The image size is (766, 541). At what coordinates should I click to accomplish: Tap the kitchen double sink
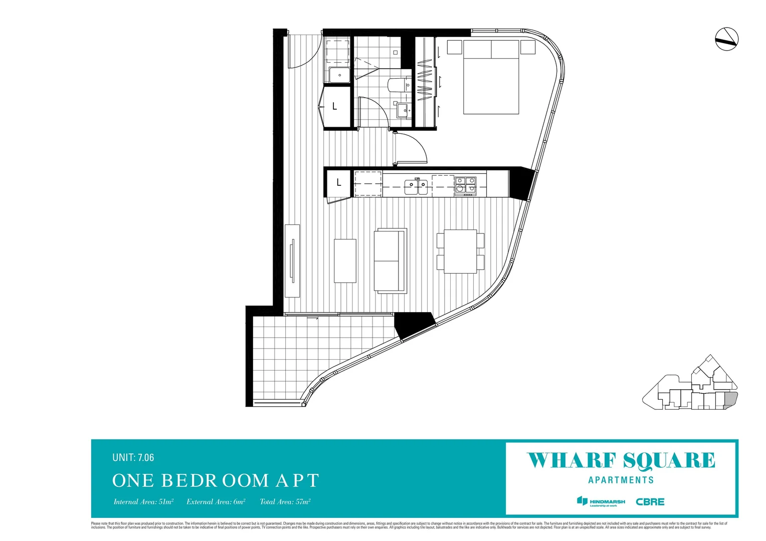coord(417,187)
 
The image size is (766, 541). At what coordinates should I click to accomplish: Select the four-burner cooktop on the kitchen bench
coord(466,185)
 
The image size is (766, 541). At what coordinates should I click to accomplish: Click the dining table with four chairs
coord(460,251)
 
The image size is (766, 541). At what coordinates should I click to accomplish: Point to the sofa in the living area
coord(390,260)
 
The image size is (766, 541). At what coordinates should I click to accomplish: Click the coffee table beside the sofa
coord(345,260)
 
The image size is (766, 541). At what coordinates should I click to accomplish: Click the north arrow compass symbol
coord(726,39)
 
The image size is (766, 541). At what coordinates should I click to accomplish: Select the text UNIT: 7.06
coord(133,457)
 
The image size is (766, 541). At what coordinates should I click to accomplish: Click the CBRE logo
coord(650,501)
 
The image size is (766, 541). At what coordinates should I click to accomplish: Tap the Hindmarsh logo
coord(601,501)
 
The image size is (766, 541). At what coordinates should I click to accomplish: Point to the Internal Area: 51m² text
coord(143,501)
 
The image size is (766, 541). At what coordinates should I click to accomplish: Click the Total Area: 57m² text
coord(285,501)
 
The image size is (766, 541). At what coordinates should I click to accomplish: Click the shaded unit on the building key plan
coord(731,400)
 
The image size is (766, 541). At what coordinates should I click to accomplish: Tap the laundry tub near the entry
coord(339,75)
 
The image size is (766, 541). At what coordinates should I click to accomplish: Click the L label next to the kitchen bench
coord(338,183)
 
